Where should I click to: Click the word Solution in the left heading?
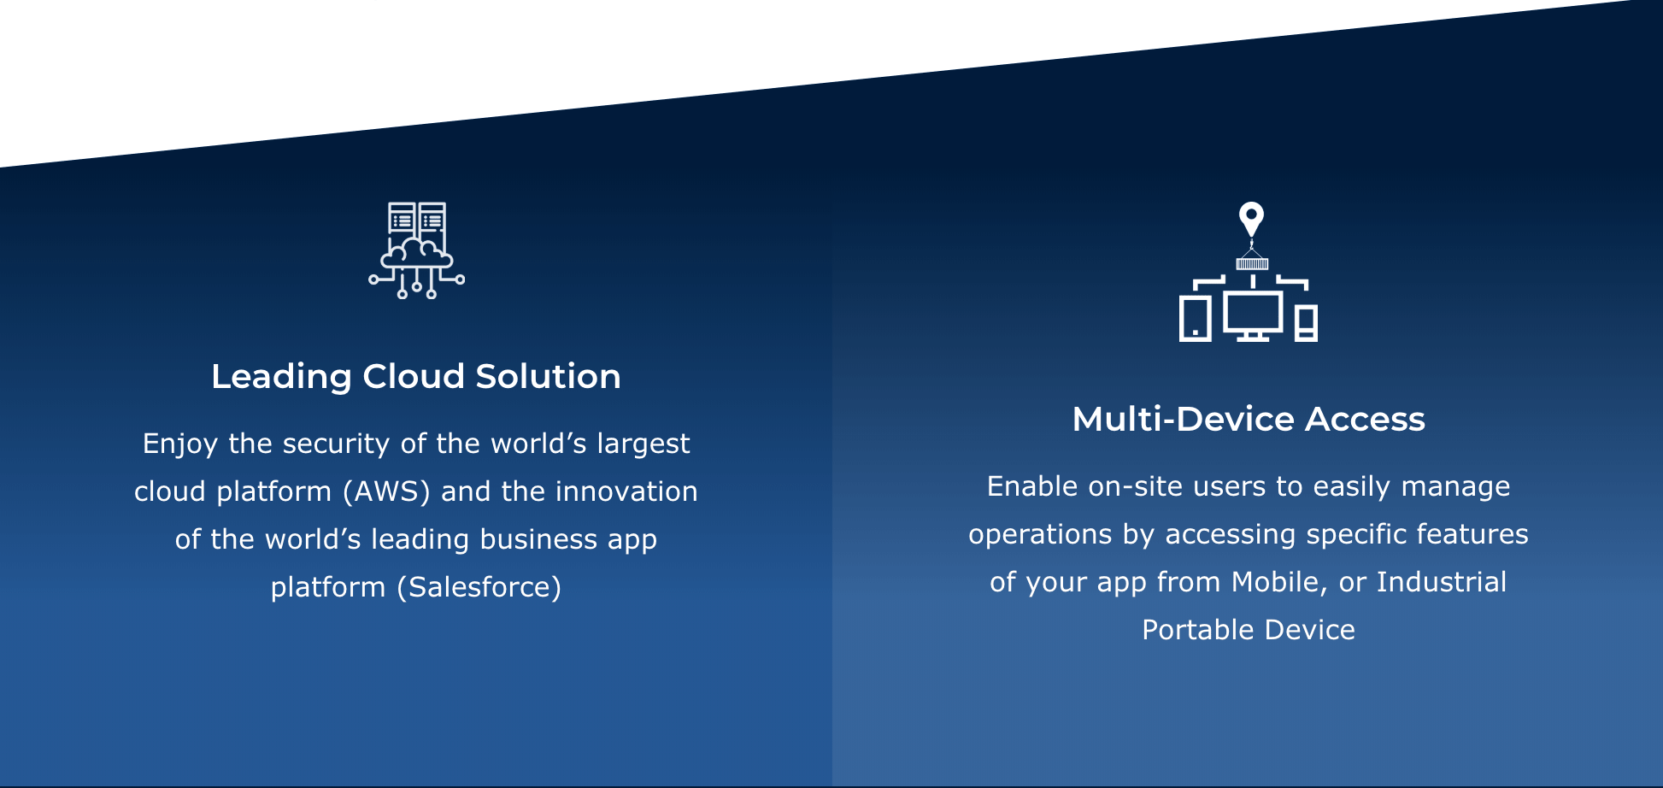(x=548, y=376)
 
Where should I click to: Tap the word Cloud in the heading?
(x=414, y=376)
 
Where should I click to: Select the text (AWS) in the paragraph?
(x=386, y=491)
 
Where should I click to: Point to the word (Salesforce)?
(x=479, y=587)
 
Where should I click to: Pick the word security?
(x=337, y=444)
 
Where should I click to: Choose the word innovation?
(x=626, y=491)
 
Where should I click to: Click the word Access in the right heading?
(x=1365, y=419)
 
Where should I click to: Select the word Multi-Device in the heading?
(x=1184, y=419)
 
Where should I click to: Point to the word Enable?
(x=1032, y=486)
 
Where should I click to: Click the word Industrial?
(x=1442, y=582)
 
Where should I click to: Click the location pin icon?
(x=1251, y=219)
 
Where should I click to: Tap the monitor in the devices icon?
(x=1253, y=315)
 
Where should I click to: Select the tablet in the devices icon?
(x=1196, y=320)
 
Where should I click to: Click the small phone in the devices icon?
(x=1306, y=323)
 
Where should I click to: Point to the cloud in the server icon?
(x=417, y=254)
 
